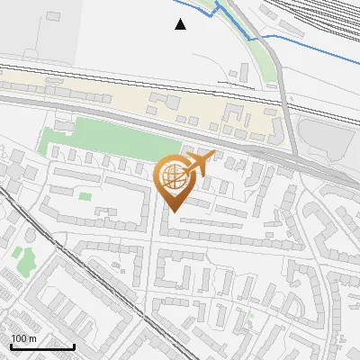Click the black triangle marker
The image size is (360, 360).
click(x=181, y=24)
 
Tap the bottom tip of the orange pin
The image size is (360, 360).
click(x=175, y=211)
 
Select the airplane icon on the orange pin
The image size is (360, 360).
click(x=197, y=164)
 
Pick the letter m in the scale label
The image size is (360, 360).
click(x=32, y=338)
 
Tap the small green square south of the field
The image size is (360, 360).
click(x=85, y=195)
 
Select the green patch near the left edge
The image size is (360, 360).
click(x=23, y=262)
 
